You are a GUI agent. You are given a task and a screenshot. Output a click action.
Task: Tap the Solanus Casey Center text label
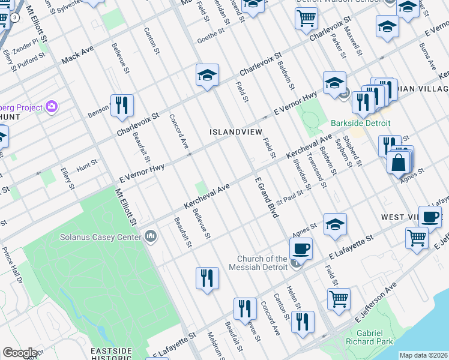coord(100,236)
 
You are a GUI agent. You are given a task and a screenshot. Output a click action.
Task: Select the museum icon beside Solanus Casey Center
coord(150,236)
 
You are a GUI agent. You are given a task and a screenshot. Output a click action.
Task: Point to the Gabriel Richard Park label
coord(369,337)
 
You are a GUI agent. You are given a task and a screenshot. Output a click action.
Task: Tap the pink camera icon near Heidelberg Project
coord(52,107)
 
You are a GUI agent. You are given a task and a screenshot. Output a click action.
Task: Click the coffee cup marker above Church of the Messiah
coord(300,247)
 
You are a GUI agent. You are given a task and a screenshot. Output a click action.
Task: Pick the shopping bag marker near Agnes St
coord(398,161)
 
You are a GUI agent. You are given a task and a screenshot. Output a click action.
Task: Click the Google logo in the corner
coord(19,353)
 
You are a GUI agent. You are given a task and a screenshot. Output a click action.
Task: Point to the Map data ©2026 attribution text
coord(423,355)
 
